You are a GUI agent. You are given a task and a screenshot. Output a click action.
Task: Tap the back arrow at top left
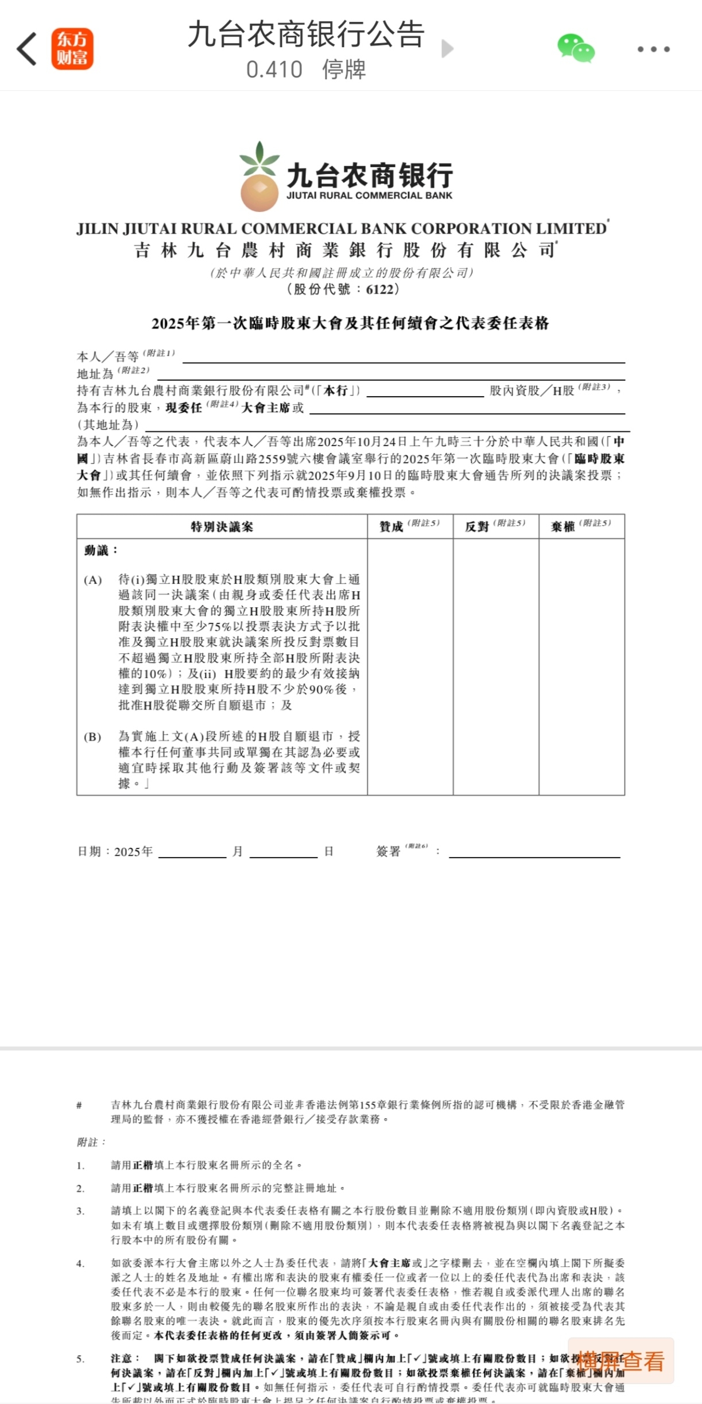pyautogui.click(x=27, y=49)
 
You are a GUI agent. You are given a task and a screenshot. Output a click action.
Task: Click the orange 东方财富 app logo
pyautogui.click(x=72, y=49)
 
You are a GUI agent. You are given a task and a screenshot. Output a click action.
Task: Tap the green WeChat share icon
pyautogui.click(x=576, y=48)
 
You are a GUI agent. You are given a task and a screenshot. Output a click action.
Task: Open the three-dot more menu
pyautogui.click(x=653, y=49)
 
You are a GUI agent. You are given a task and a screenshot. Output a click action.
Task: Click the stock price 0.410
pyautogui.click(x=274, y=69)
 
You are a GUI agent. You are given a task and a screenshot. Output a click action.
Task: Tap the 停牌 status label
pyautogui.click(x=344, y=69)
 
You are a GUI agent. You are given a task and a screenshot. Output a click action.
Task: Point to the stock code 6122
pyautogui.click(x=379, y=289)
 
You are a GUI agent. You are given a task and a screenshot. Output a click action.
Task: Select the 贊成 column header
pyautogui.click(x=392, y=526)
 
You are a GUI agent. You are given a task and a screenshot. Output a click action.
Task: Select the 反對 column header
pyautogui.click(x=478, y=526)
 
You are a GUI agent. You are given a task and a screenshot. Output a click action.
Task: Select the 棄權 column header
pyautogui.click(x=563, y=526)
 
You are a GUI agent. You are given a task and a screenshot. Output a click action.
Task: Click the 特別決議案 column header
pyautogui.click(x=222, y=526)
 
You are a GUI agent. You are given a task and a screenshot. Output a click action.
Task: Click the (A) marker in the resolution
pyautogui.click(x=93, y=580)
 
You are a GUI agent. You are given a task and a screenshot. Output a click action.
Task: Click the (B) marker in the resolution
pyautogui.click(x=93, y=736)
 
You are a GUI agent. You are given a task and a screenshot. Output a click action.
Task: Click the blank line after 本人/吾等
pyautogui.click(x=403, y=357)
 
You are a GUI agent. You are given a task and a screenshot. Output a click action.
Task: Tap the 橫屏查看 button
pyautogui.click(x=620, y=1361)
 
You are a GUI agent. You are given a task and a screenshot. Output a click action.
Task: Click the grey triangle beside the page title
pyautogui.click(x=447, y=49)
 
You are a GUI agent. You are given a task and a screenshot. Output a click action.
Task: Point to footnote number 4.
pyautogui.click(x=80, y=1263)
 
